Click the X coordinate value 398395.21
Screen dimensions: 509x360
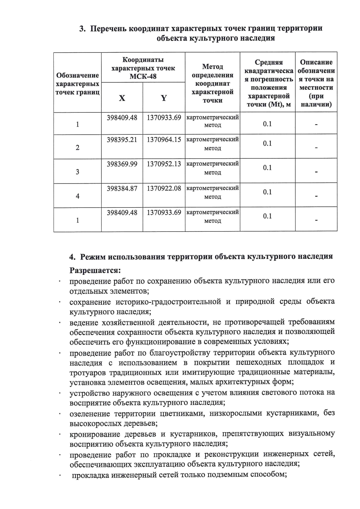click(122, 139)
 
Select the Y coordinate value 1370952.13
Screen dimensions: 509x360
click(164, 164)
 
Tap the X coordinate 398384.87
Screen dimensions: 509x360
click(122, 188)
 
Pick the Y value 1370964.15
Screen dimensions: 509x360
click(164, 139)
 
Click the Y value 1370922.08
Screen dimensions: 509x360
click(164, 188)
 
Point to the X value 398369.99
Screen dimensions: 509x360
click(122, 164)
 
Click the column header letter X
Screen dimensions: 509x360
click(122, 98)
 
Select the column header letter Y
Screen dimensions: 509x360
click(164, 98)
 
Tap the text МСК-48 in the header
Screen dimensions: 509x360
click(143, 76)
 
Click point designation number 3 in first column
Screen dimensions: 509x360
click(77, 172)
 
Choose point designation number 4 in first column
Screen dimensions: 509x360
click(77, 196)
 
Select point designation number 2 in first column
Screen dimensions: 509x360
click(77, 148)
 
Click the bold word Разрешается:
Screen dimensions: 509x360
click(95, 270)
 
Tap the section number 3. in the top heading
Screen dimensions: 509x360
click(82, 28)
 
